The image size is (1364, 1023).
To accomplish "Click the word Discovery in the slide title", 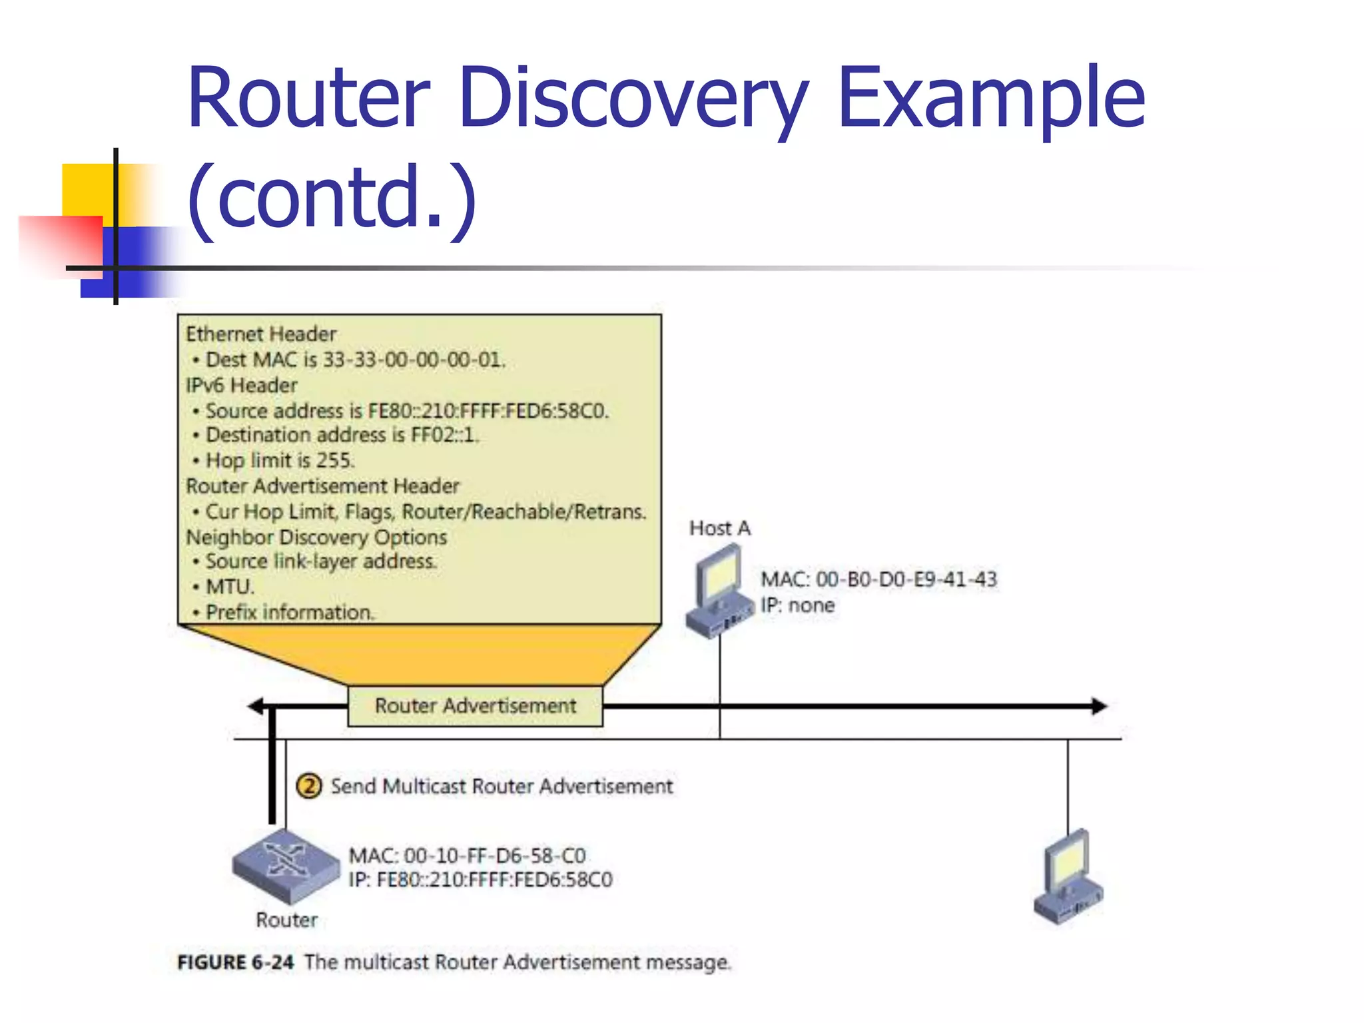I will (633, 99).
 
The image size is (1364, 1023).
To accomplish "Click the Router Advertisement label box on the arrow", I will (475, 706).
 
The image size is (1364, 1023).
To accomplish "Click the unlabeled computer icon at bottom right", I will (1068, 878).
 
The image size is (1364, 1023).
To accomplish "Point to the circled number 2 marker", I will (308, 786).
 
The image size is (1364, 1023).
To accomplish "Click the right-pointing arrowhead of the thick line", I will (1099, 706).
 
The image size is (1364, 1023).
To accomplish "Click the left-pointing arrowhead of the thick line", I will (255, 706).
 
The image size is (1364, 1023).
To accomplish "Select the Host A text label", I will (719, 528).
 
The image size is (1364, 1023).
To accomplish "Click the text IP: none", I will (797, 605).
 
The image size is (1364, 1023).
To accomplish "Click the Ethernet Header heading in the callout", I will (260, 334).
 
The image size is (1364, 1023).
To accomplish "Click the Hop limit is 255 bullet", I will (280, 460).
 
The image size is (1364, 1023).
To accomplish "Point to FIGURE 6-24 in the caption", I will (235, 962).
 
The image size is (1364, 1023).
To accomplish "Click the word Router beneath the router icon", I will (286, 920).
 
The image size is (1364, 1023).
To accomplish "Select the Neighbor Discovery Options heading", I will (316, 537).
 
